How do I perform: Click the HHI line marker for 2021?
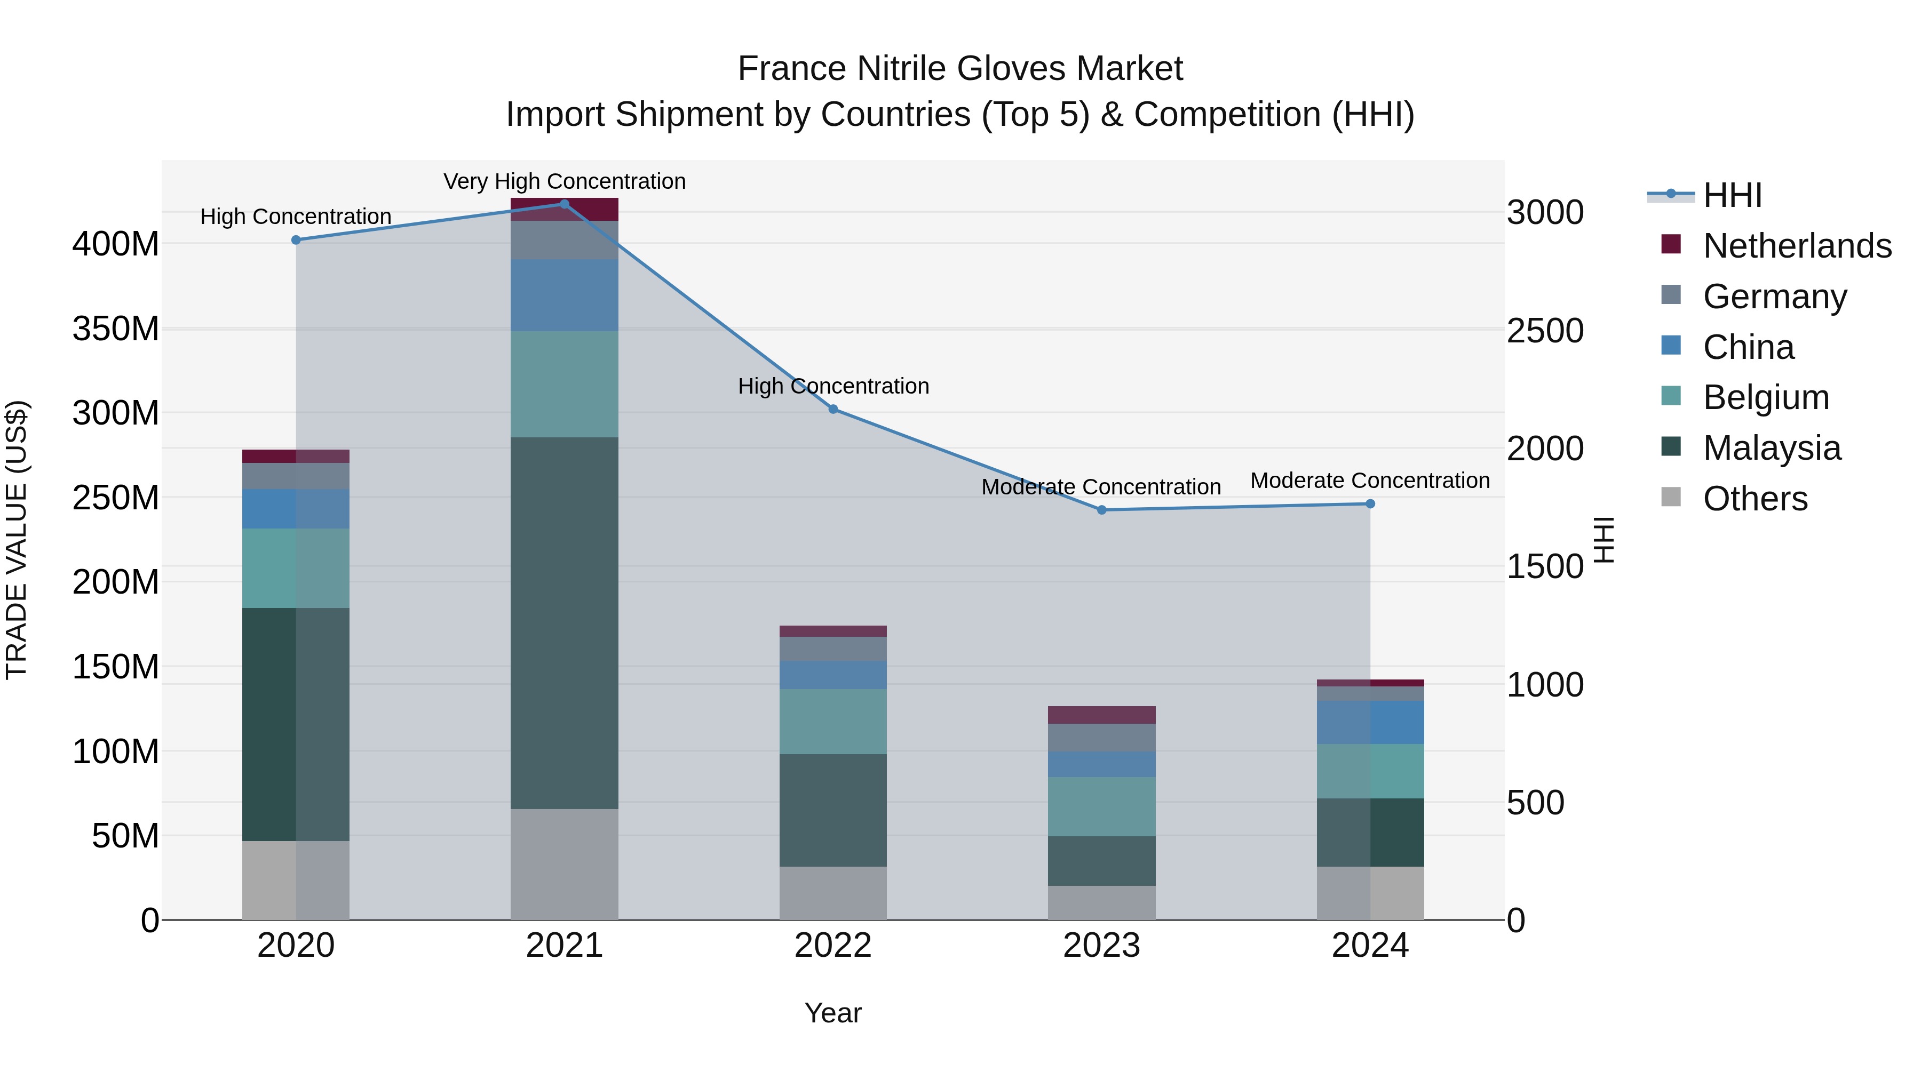click(564, 204)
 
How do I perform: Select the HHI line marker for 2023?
click(1101, 510)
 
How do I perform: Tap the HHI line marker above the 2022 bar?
click(833, 409)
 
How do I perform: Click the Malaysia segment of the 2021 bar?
click(564, 622)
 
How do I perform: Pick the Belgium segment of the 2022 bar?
click(833, 722)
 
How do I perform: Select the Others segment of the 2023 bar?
click(1101, 902)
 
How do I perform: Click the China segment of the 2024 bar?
click(1370, 722)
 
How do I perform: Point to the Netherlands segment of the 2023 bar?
click(1101, 715)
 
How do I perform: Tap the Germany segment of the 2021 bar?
click(564, 240)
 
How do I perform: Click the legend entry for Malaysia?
click(1771, 448)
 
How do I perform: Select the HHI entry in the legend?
click(1732, 195)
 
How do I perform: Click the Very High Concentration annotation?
click(565, 181)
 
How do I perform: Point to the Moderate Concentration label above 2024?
click(1370, 481)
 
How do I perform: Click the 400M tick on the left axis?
click(116, 244)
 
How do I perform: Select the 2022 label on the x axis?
click(833, 946)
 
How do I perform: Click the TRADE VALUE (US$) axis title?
click(17, 540)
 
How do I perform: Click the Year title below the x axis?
click(833, 1013)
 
